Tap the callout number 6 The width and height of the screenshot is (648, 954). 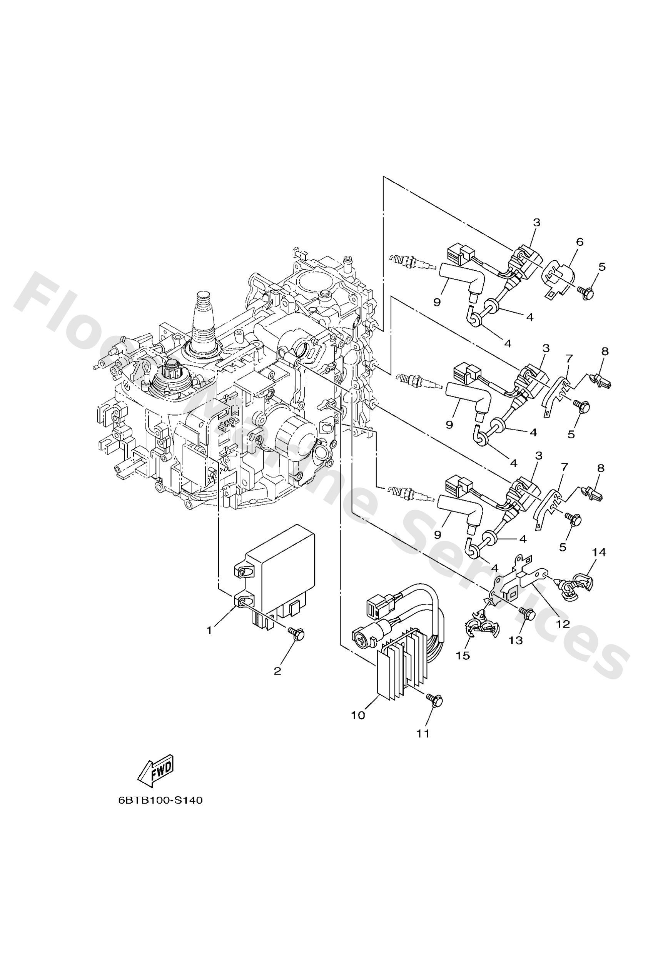[580, 242]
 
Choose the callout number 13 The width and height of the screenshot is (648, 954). [516, 640]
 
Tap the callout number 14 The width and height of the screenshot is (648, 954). [599, 553]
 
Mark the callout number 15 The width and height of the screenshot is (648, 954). [463, 656]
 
